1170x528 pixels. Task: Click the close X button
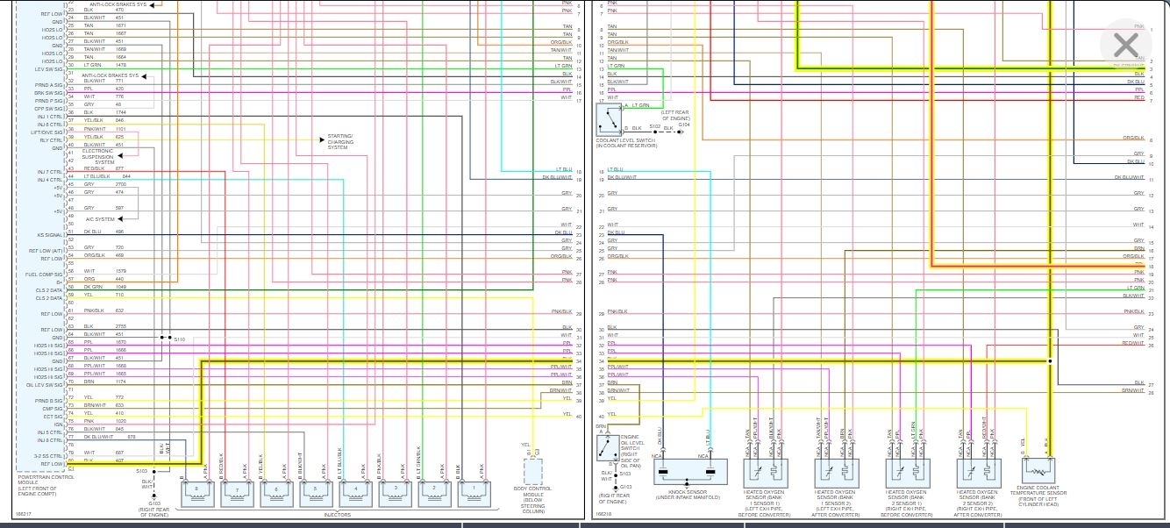[1125, 46]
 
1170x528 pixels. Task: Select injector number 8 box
[196, 489]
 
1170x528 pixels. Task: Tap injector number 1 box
[474, 489]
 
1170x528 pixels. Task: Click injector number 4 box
[354, 489]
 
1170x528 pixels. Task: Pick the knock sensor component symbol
[690, 474]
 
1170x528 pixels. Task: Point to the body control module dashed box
[533, 472]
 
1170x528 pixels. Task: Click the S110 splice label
[180, 339]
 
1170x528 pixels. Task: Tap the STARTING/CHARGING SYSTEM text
[339, 141]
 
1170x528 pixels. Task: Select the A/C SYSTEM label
[100, 219]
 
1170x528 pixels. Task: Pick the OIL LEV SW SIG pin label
[44, 384]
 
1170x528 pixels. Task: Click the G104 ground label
[684, 125]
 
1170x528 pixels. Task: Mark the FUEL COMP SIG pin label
[44, 275]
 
